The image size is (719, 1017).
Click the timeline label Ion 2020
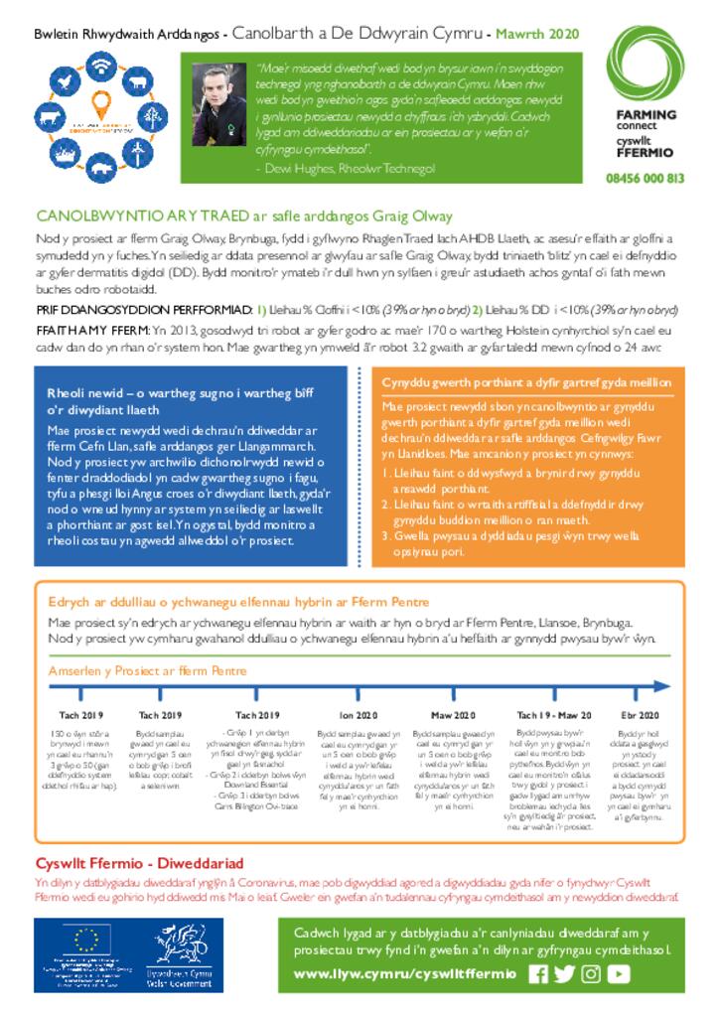[359, 714]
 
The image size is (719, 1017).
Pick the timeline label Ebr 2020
[641, 714]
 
